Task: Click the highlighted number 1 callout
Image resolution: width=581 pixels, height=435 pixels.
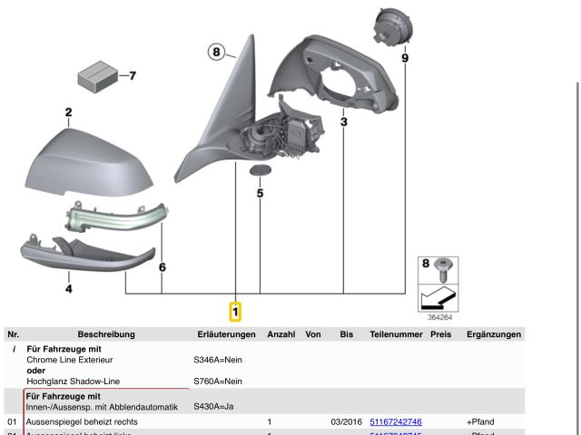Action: (235, 312)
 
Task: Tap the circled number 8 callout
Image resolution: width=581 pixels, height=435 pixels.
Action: (216, 52)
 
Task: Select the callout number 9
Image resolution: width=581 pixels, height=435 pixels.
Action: (405, 58)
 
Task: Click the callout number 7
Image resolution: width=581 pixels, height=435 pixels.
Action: (131, 75)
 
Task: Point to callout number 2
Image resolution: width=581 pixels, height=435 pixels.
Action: (68, 113)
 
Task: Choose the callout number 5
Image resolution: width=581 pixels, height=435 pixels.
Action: (260, 192)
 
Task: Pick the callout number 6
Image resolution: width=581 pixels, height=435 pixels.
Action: (162, 267)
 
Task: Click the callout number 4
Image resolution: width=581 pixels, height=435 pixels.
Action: (68, 289)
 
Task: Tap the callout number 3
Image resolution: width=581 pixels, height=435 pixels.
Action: (344, 121)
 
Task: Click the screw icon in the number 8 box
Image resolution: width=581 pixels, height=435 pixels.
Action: (444, 269)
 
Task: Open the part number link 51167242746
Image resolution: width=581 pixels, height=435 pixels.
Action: (396, 422)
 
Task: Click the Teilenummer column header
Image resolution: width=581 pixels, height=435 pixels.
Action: (396, 334)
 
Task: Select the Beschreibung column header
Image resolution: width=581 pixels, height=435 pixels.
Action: (106, 334)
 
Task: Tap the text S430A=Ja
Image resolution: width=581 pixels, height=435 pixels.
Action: (213, 406)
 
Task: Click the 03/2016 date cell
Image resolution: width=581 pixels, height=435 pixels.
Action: (346, 422)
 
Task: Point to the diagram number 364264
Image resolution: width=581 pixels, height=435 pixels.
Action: (441, 317)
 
